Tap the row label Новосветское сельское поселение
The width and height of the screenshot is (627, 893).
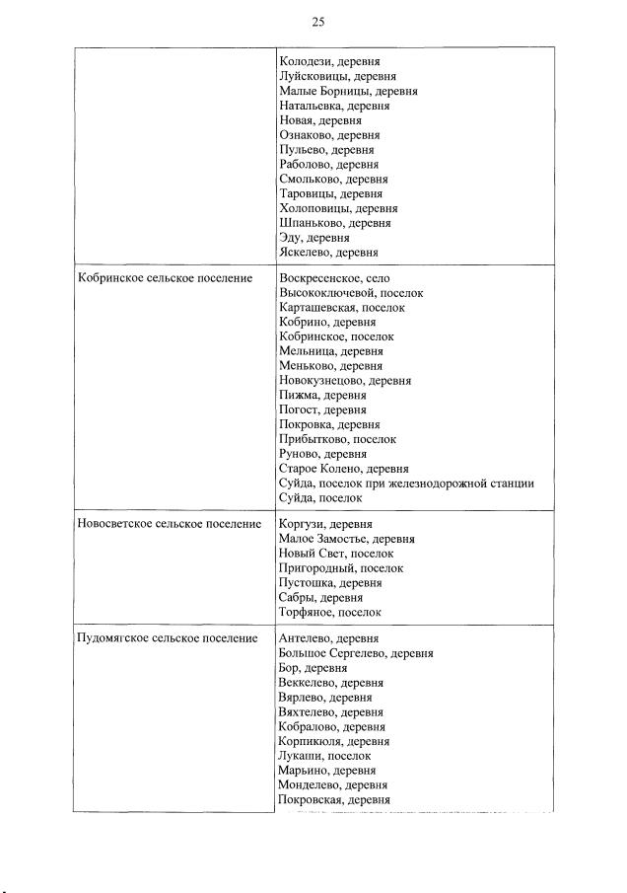[168, 524]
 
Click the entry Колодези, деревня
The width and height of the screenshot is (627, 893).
[329, 61]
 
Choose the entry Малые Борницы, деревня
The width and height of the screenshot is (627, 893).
[348, 91]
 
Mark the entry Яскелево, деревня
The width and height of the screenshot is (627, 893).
[328, 253]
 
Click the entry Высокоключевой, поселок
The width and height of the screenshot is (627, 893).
[350, 293]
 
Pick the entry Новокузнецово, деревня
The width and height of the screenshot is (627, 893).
[345, 380]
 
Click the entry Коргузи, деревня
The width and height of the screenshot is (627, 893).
[326, 524]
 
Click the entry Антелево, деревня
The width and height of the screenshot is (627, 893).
[329, 638]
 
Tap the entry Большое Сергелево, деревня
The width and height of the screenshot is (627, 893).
[356, 653]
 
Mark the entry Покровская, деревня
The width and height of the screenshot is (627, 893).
[334, 799]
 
